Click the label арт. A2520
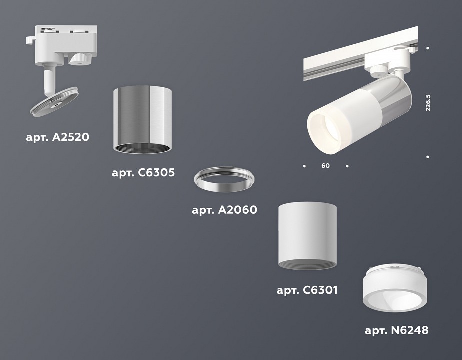click(57, 136)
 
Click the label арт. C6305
click(143, 173)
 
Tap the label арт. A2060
click(224, 210)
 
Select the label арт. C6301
click(307, 289)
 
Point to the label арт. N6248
click(396, 330)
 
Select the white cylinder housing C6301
click(307, 235)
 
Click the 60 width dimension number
click(325, 166)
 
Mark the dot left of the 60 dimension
click(304, 165)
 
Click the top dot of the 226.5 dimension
click(428, 48)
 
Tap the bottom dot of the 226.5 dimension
click(428, 157)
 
